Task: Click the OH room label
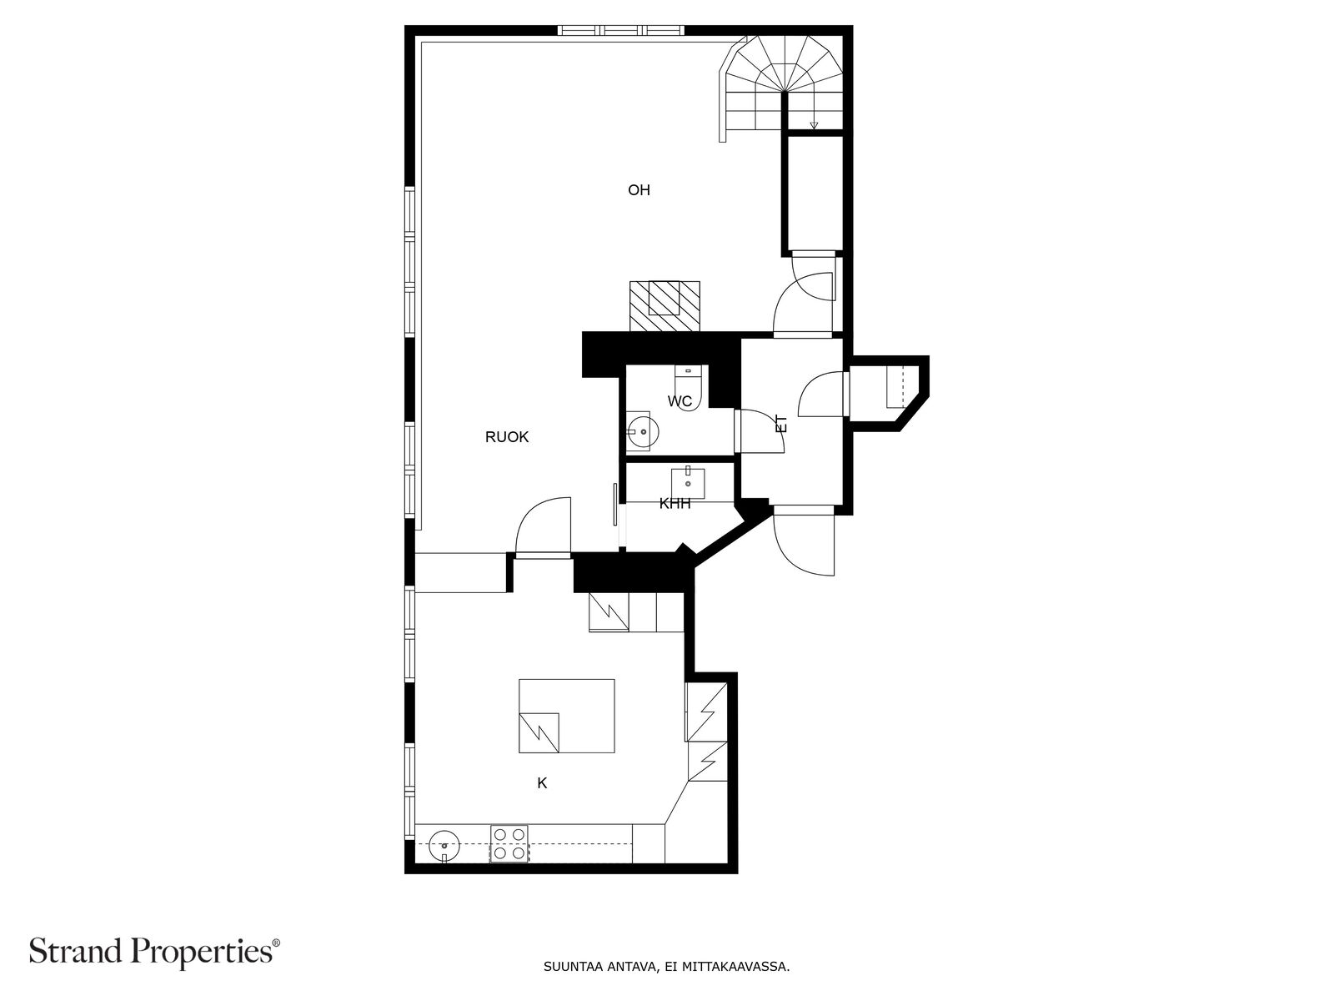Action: click(639, 190)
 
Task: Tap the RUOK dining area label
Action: click(507, 437)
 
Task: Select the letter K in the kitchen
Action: click(542, 783)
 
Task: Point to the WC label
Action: click(680, 402)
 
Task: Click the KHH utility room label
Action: click(675, 504)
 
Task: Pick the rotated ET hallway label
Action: click(781, 424)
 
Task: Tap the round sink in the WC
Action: click(641, 431)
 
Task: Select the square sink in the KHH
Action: click(689, 481)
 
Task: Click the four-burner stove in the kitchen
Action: click(509, 843)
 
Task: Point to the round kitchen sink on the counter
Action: click(444, 846)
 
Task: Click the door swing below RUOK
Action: click(543, 527)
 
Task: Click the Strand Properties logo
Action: click(154, 950)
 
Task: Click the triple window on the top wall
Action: click(621, 31)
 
